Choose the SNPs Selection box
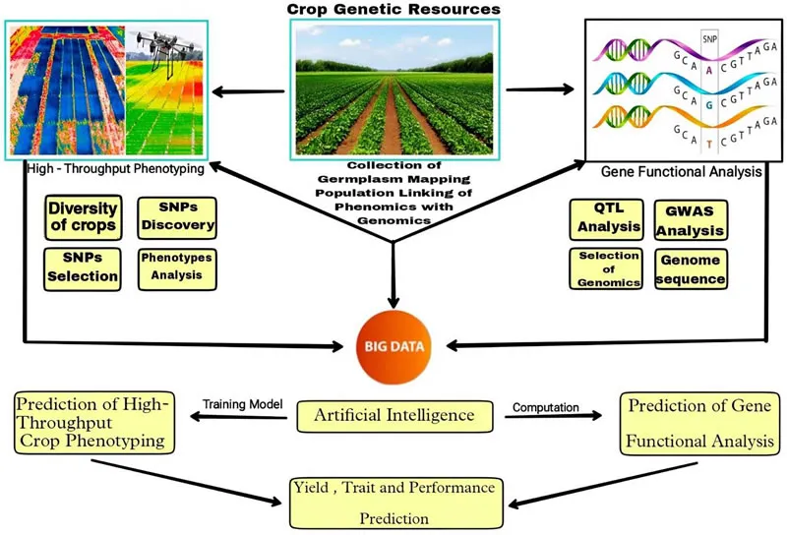pyautogui.click(x=83, y=268)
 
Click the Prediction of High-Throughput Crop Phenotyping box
pyautogui.click(x=93, y=422)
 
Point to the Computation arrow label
pyautogui.click(x=547, y=403)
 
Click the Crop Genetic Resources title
pyautogui.click(x=393, y=10)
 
